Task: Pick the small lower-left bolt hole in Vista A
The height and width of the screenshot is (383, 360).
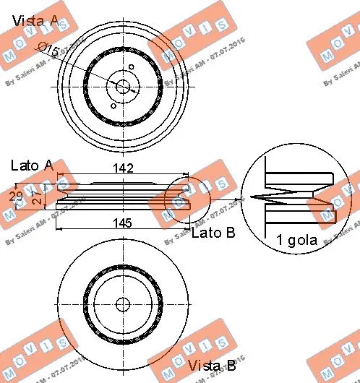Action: coord(113,106)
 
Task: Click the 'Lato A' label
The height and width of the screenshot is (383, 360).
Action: coord(32,165)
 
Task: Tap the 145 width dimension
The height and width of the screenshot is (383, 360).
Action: coord(122,223)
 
